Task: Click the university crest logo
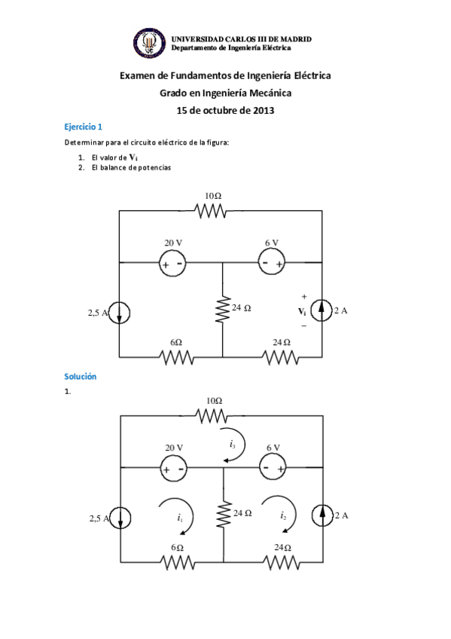150,43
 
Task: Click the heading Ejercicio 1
83,127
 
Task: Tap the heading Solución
81,376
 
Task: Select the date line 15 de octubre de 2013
225,110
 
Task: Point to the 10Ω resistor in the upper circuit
212,211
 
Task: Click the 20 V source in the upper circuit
173,263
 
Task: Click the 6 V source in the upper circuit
272,262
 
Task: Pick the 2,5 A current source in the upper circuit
120,312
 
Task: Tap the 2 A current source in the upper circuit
322,310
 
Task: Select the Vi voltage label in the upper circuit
302,311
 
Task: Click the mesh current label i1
180,518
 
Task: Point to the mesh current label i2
283,515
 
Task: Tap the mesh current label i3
233,445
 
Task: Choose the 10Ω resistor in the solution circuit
212,415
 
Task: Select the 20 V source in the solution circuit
173,468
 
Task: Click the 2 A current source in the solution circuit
322,515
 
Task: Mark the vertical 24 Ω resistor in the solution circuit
223,515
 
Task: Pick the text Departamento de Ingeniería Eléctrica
231,47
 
